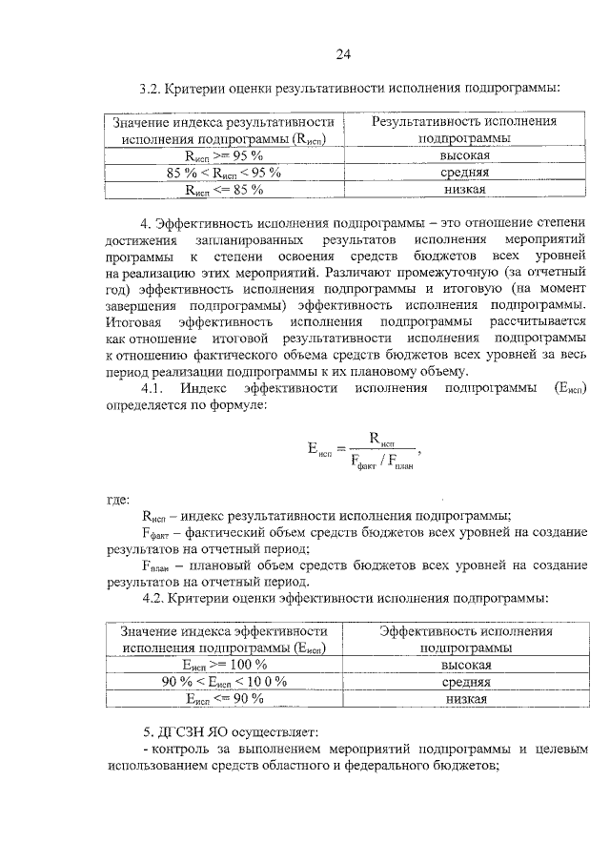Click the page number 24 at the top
coord(342,53)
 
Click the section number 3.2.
coord(151,89)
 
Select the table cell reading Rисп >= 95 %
coord(225,155)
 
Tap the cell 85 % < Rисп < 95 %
coord(224,173)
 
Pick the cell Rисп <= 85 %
coord(224,190)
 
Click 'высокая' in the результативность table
coord(465,155)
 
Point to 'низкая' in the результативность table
coord(465,190)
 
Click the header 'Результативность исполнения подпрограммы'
coord(464,130)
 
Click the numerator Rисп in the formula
coord(381,442)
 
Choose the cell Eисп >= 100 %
coord(225,665)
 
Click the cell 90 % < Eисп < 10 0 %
coord(225,682)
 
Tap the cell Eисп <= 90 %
coord(225,699)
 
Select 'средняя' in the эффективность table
coord(466,682)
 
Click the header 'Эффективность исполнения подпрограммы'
coord(465,639)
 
